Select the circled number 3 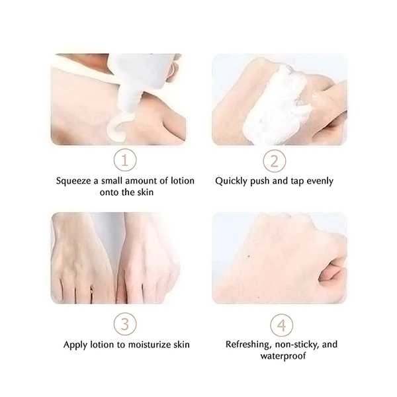tap(125, 325)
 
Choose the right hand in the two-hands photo tap(147, 265)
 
